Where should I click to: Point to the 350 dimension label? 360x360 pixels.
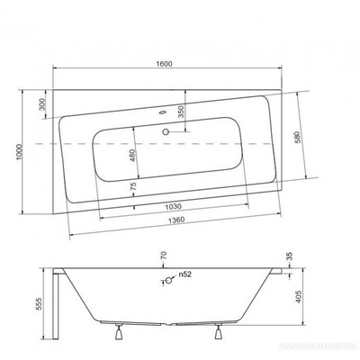(x=180, y=112)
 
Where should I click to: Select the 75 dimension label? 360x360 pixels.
(x=134, y=187)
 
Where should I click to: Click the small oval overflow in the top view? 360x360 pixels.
(x=162, y=114)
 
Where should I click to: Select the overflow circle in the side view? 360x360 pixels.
(x=166, y=279)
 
